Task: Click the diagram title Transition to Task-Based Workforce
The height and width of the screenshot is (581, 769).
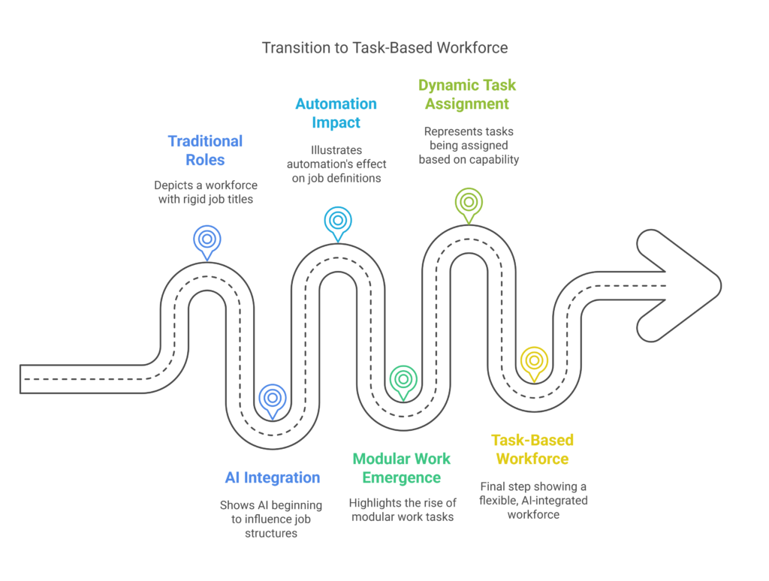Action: (x=384, y=48)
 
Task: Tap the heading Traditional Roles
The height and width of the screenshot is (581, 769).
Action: (x=205, y=150)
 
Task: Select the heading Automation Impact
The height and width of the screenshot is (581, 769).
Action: (x=336, y=113)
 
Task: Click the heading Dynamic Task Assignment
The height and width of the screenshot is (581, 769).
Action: (x=467, y=95)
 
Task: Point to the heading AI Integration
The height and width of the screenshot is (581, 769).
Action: (x=272, y=477)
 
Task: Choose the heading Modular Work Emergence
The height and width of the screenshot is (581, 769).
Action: (x=402, y=468)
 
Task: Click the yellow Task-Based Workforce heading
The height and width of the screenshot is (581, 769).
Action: (x=532, y=449)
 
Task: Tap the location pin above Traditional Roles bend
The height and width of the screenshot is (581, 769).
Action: (x=207, y=239)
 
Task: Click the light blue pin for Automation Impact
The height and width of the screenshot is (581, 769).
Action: (x=338, y=220)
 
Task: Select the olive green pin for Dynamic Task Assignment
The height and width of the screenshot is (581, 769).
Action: (x=469, y=201)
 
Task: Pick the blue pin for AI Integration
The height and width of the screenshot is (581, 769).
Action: (x=273, y=398)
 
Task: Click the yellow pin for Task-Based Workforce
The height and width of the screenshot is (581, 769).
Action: (x=534, y=360)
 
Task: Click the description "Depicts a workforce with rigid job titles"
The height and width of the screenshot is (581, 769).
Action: (x=205, y=191)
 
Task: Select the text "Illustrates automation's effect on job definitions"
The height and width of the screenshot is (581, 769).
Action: (x=336, y=164)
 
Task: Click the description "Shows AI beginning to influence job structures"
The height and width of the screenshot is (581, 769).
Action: (x=271, y=519)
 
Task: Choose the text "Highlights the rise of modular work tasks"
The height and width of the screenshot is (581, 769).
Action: (x=402, y=509)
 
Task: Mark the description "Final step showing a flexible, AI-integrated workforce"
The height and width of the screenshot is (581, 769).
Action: (x=532, y=501)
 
